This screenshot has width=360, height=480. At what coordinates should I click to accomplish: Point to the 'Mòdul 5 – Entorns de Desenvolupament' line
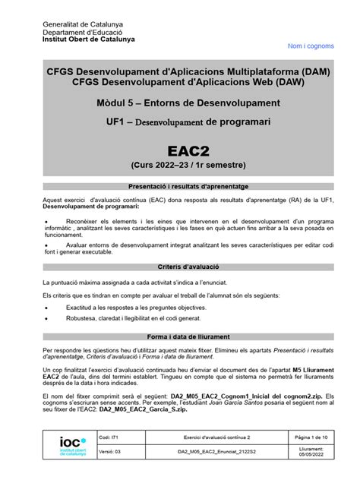click(180, 102)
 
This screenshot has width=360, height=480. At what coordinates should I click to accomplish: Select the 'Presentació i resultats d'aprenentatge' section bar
click(180, 185)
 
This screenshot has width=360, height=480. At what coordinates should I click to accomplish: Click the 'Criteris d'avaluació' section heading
click(180, 267)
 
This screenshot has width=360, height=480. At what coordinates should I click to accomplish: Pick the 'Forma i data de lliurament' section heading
click(180, 335)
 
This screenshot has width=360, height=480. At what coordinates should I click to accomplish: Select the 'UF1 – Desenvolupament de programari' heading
click(180, 122)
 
